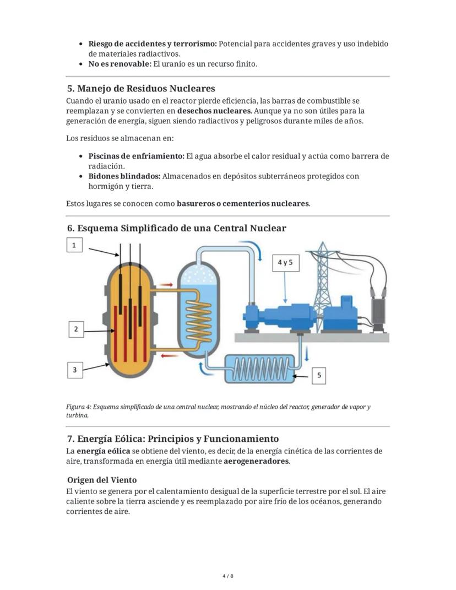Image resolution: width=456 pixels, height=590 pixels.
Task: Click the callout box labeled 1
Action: pyautogui.click(x=74, y=245)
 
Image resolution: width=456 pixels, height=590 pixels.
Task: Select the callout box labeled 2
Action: pyautogui.click(x=76, y=329)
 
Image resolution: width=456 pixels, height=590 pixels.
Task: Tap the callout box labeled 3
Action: pyautogui.click(x=75, y=370)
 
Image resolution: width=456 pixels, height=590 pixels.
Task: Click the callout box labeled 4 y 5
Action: pyautogui.click(x=285, y=263)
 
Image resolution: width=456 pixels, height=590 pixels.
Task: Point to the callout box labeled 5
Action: pyautogui.click(x=320, y=376)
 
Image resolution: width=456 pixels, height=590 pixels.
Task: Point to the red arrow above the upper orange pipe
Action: pyautogui.click(x=166, y=285)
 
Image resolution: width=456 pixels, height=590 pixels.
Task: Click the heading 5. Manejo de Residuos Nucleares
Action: pyautogui.click(x=140, y=89)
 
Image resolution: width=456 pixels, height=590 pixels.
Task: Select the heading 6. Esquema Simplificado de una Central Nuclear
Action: pyautogui.click(x=176, y=228)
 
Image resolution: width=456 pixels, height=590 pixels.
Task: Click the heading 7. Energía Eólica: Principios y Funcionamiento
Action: pyautogui.click(x=172, y=439)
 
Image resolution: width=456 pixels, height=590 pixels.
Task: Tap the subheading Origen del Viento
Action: pyautogui.click(x=102, y=480)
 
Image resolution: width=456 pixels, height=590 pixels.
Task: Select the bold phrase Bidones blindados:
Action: pyautogui.click(x=124, y=176)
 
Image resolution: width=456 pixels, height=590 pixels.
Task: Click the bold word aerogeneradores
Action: pyautogui.click(x=256, y=461)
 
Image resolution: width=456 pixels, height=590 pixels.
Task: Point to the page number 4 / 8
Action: pyautogui.click(x=228, y=576)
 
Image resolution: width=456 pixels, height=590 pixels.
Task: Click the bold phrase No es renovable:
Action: pyautogui.click(x=120, y=64)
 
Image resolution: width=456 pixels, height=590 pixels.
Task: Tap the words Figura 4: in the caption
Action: pyautogui.click(x=78, y=407)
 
